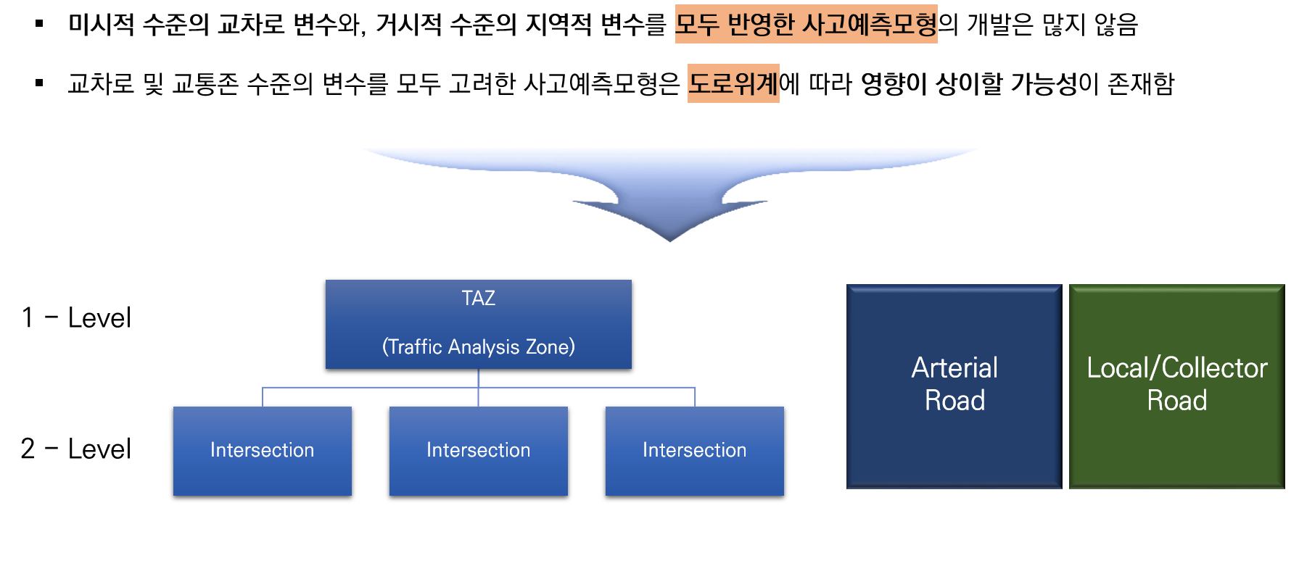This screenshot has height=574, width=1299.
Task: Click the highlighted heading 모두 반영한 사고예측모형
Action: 806,25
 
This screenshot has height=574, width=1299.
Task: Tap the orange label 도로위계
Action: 733,83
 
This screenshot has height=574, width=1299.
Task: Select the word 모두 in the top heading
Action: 697,25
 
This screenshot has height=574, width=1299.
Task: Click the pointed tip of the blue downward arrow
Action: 670,238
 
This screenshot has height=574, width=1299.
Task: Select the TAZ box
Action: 478,323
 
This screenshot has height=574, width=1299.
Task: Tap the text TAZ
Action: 478,299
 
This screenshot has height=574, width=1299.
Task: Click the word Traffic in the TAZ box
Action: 415,347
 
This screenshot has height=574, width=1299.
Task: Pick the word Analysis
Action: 484,347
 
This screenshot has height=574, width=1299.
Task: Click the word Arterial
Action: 954,368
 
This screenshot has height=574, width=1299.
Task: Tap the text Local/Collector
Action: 1176,368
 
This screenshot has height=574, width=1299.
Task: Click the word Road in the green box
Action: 1176,401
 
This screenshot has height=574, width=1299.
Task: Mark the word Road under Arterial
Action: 954,401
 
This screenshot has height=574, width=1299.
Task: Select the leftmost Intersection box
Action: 262,451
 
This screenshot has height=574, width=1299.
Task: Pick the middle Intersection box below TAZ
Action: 478,451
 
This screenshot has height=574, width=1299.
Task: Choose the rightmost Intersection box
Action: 694,451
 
